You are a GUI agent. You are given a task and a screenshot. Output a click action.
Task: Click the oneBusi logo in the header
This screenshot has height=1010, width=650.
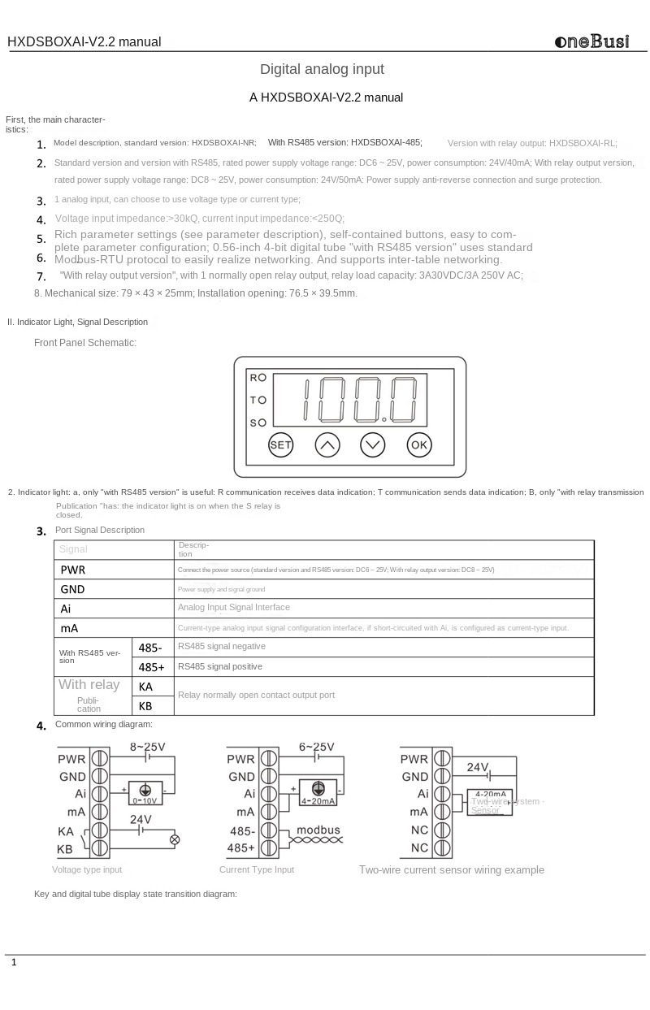point(591,41)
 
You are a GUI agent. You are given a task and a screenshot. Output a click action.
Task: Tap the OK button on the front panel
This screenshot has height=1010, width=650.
point(419,444)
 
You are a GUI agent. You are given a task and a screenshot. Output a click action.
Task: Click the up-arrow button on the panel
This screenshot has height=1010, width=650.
point(327,444)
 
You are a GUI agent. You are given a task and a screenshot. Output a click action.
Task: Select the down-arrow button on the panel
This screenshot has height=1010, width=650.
point(373,444)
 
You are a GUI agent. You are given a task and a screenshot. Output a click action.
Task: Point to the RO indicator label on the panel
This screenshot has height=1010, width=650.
point(258,378)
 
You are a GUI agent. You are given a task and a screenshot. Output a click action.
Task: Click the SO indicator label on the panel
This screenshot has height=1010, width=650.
point(258,423)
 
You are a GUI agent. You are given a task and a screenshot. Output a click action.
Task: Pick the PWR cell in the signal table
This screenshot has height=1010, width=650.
point(73,570)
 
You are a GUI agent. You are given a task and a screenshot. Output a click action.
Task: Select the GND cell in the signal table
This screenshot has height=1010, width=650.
point(72,589)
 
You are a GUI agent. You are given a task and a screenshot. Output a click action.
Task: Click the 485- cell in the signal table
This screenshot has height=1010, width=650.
point(150,648)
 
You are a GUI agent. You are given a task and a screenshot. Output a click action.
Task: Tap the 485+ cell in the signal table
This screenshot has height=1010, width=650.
point(151,667)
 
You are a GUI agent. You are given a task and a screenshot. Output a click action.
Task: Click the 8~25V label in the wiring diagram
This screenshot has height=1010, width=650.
point(147,747)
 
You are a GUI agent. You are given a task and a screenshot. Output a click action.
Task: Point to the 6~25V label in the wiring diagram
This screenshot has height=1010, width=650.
point(316,747)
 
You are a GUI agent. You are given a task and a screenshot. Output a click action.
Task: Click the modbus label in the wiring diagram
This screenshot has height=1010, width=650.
point(318,830)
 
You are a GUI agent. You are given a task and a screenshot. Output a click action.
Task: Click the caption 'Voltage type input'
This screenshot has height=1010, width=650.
point(87,869)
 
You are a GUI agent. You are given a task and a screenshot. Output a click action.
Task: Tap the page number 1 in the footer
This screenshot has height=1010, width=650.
point(14,963)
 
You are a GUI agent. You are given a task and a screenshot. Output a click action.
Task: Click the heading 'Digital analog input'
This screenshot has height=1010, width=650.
point(322,69)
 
